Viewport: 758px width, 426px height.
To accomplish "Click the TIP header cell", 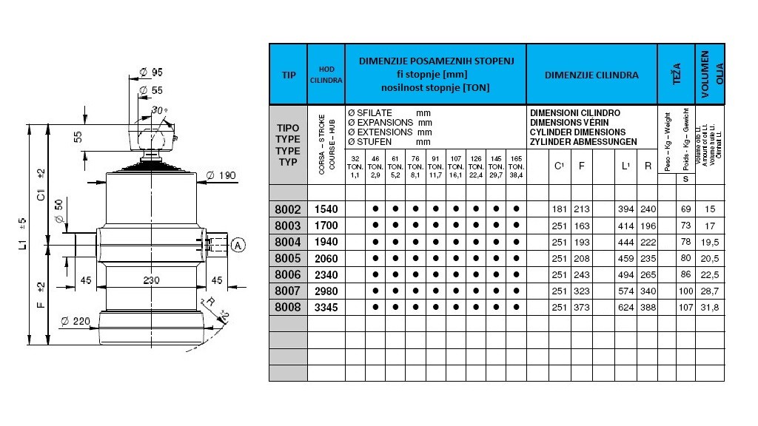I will pyautogui.click(x=288, y=75).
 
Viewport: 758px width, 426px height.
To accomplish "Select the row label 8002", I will pyautogui.click(x=288, y=209).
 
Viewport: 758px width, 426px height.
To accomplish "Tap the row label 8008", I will pyautogui.click(x=288, y=306).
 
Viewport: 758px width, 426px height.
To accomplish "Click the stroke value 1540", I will pyautogui.click(x=326, y=209).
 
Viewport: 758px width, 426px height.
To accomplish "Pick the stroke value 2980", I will pyautogui.click(x=326, y=290).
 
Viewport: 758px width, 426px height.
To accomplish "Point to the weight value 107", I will pyautogui.click(x=685, y=306).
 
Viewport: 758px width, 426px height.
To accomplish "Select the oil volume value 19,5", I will pyautogui.click(x=709, y=242).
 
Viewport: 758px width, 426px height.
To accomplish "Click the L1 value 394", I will pyautogui.click(x=626, y=209).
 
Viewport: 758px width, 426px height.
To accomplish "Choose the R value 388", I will pyautogui.click(x=648, y=306).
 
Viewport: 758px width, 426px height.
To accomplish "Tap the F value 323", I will pyautogui.click(x=581, y=290).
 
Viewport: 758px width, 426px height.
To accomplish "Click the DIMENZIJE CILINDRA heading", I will pyautogui.click(x=591, y=75).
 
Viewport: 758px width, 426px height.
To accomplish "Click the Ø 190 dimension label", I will pyautogui.click(x=221, y=175).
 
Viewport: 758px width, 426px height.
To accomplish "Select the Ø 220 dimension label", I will pyautogui.click(x=76, y=320).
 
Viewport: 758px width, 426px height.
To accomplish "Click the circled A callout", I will pyautogui.click(x=237, y=245).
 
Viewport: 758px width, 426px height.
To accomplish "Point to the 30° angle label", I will pyautogui.click(x=158, y=110).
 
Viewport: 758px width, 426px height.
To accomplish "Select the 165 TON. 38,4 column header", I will pyautogui.click(x=516, y=167).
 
